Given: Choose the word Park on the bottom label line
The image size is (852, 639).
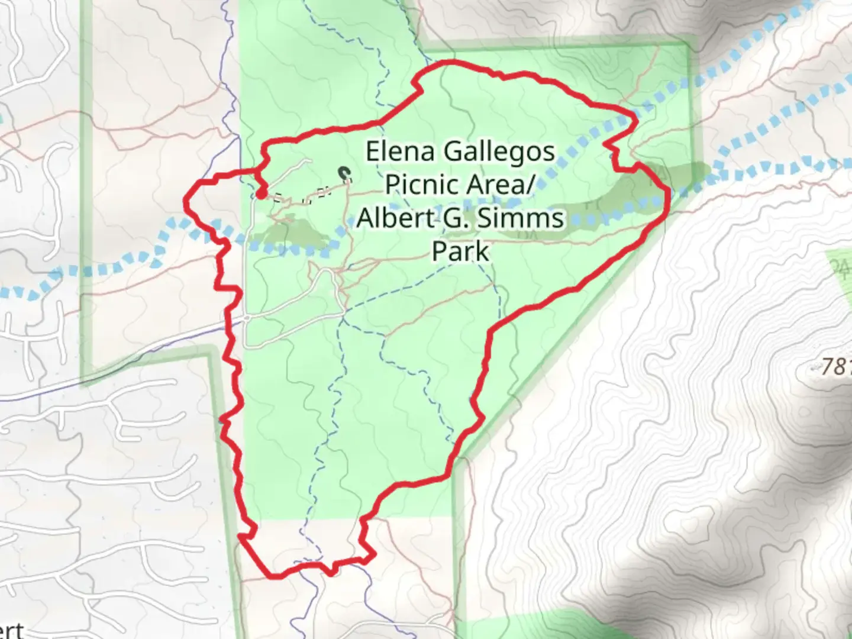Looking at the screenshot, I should point(460,251).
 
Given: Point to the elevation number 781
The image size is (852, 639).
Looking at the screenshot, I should point(835,367).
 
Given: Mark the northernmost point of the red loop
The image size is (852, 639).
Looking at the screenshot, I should point(451,62).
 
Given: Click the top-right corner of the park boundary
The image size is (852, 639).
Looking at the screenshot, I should point(688,44).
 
